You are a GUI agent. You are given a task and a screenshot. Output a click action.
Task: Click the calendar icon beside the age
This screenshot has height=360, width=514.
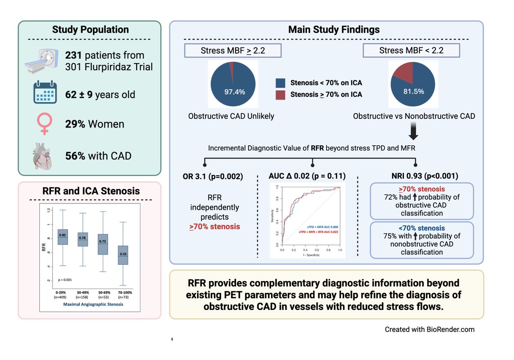pyautogui.click(x=45, y=92)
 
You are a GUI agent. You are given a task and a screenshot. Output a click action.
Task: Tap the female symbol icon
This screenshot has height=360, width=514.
pyautogui.click(x=45, y=123)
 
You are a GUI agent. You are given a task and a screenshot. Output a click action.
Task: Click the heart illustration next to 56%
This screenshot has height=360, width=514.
pyautogui.click(x=45, y=155)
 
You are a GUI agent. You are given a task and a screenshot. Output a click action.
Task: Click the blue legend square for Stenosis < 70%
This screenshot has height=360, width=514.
pyautogui.click(x=281, y=83)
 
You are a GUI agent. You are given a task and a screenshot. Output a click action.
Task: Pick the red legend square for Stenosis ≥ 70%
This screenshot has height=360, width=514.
pyautogui.click(x=281, y=94)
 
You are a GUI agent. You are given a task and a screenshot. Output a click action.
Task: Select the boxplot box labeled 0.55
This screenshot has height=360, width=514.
pyautogui.click(x=123, y=255)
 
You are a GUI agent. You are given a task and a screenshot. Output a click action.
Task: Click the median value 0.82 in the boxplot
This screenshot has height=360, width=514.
pyautogui.click(x=62, y=235)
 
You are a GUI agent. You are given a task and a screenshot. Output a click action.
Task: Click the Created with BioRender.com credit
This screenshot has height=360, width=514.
pyautogui.click(x=429, y=330)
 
